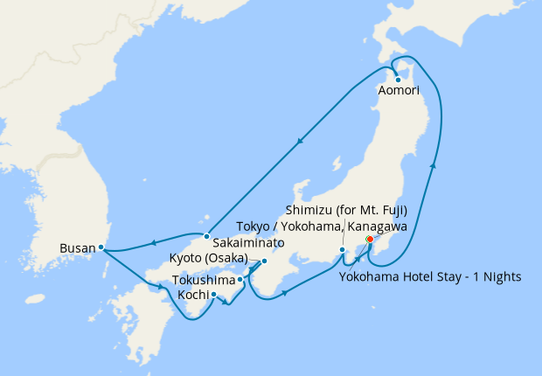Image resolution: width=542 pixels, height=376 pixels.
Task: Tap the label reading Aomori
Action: pos(399,91)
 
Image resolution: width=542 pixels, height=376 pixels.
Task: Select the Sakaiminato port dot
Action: pos(205,236)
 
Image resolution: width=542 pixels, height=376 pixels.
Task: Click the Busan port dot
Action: pos(101,247)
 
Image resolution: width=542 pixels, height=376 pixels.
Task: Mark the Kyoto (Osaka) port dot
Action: pos(264,261)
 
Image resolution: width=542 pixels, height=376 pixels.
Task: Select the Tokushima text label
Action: pos(204,281)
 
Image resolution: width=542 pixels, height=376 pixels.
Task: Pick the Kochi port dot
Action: pos(213,296)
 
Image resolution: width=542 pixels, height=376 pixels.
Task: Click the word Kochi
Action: pos(193,295)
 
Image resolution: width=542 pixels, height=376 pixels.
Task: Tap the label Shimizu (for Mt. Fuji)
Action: pos(359,211)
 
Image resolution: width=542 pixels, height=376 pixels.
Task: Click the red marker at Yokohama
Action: pos(370,239)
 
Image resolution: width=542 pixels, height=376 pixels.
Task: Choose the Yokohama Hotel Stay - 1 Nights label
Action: pos(428,277)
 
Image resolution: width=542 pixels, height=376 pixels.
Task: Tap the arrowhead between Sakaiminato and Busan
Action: pos(153,243)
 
